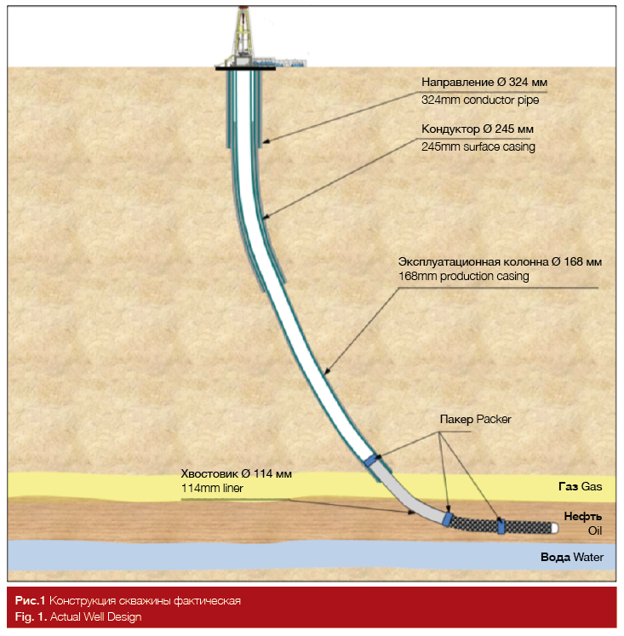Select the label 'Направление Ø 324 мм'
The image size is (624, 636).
(484, 83)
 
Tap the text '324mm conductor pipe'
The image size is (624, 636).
(480, 100)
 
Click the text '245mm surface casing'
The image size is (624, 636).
(478, 146)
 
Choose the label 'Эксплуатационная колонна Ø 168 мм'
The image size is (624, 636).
(500, 261)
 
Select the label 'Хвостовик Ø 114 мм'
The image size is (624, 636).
(236, 473)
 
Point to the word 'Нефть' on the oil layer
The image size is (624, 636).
(583, 516)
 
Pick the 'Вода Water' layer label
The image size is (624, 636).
(571, 558)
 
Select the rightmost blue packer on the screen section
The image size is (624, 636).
(501, 527)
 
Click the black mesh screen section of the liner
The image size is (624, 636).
(473, 524)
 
